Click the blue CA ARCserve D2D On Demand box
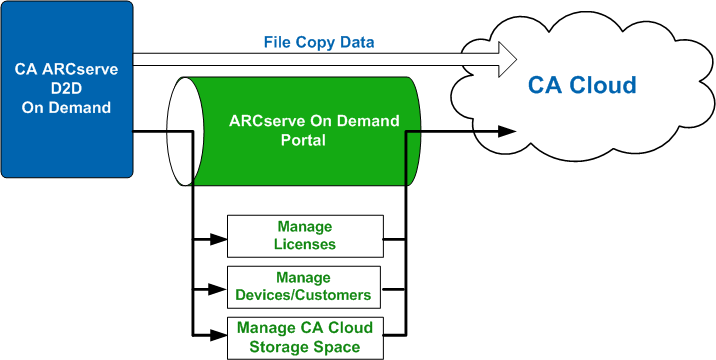[66, 88]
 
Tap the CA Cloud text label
[581, 86]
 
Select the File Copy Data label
[319, 43]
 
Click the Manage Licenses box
[304, 236]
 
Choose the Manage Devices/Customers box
[304, 287]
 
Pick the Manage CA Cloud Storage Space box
[304, 338]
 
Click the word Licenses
[304, 244]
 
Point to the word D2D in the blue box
[66, 88]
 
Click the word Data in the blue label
[356, 43]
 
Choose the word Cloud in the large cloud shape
[605, 86]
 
